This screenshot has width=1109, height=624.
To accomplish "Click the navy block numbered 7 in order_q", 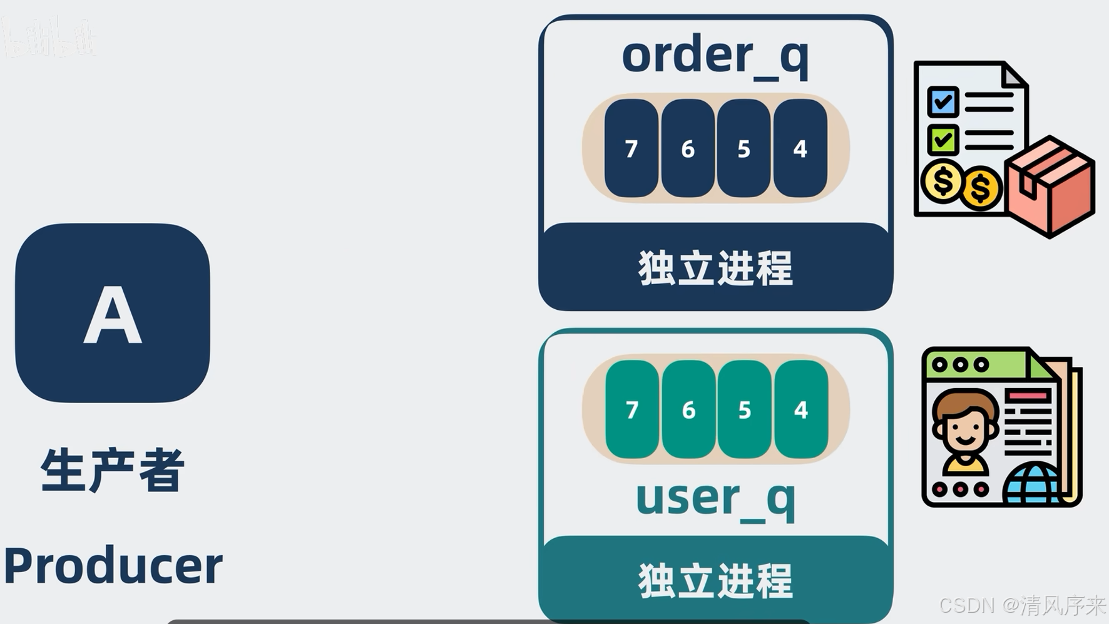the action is (631, 148).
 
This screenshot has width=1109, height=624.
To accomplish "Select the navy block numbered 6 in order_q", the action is (687, 148).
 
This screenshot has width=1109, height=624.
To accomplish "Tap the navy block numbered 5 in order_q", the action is (744, 148).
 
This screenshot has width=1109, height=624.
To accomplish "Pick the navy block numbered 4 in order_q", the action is (800, 148).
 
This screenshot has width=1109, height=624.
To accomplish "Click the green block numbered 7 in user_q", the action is (632, 409).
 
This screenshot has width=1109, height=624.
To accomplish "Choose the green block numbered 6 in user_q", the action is (688, 409).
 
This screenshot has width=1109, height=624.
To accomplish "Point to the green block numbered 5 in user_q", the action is (744, 409).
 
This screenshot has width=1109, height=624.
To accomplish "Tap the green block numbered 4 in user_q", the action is (800, 409).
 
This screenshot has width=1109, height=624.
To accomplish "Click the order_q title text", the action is (715, 56).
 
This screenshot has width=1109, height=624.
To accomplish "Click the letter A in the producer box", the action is (113, 314).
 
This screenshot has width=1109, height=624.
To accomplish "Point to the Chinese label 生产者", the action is (113, 470).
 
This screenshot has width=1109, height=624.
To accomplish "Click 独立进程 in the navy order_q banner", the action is (715, 269).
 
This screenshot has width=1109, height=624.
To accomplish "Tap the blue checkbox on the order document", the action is (943, 102).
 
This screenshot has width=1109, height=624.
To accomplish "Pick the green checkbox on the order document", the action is (943, 140).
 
